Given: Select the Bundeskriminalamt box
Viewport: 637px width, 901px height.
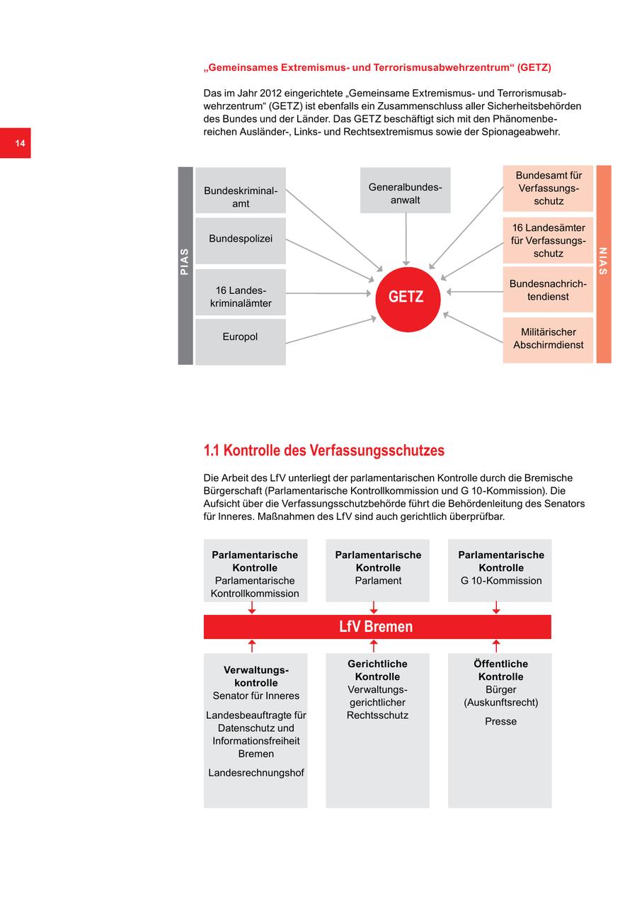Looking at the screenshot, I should pos(241,191).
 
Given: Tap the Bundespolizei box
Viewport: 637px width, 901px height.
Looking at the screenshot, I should pos(241,240).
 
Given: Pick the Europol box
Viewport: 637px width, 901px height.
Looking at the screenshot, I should pos(241,341).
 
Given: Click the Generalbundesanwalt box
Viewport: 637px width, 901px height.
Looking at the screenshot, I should pos(405,190).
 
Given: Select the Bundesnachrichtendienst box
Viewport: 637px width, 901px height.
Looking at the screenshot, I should pos(548,290).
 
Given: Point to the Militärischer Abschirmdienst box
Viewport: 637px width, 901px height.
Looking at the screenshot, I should pos(548,339).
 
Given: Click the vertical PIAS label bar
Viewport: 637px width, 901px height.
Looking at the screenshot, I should pos(185,266).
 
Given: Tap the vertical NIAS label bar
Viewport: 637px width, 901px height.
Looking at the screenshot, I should pos(603,263).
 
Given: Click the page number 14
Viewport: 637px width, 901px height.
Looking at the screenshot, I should pos(20,144).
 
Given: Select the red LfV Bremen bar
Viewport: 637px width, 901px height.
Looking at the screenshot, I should pos(377,627).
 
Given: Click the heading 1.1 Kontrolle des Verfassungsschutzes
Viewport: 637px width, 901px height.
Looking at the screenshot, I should pos(323,450).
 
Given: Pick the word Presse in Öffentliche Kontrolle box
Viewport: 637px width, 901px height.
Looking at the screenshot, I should pos(500,721).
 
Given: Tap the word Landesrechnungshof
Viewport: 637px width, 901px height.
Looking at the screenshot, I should pos(256,773).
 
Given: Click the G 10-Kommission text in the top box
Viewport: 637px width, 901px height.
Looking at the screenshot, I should pos(500,581).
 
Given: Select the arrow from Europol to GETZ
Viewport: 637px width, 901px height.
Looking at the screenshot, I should pos(330,331).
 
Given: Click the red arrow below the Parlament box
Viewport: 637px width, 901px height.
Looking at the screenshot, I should pos(374,608).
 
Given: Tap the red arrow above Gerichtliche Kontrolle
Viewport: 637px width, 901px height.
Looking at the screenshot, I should pos(374,645).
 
